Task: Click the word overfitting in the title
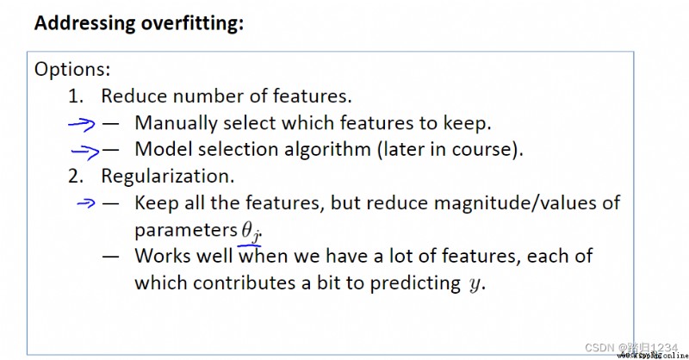pos(191,23)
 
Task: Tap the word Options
pos(72,70)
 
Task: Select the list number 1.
pos(76,96)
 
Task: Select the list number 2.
pos(76,177)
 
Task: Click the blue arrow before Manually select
pos(82,124)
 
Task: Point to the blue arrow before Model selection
pos(85,152)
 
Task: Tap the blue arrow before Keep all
pos(85,202)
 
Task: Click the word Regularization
pos(168,177)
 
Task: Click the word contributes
pos(245,282)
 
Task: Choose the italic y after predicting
pos(475,284)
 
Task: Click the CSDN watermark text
pos(631,348)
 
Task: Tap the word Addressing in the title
pos(84,23)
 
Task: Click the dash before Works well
pos(110,256)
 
